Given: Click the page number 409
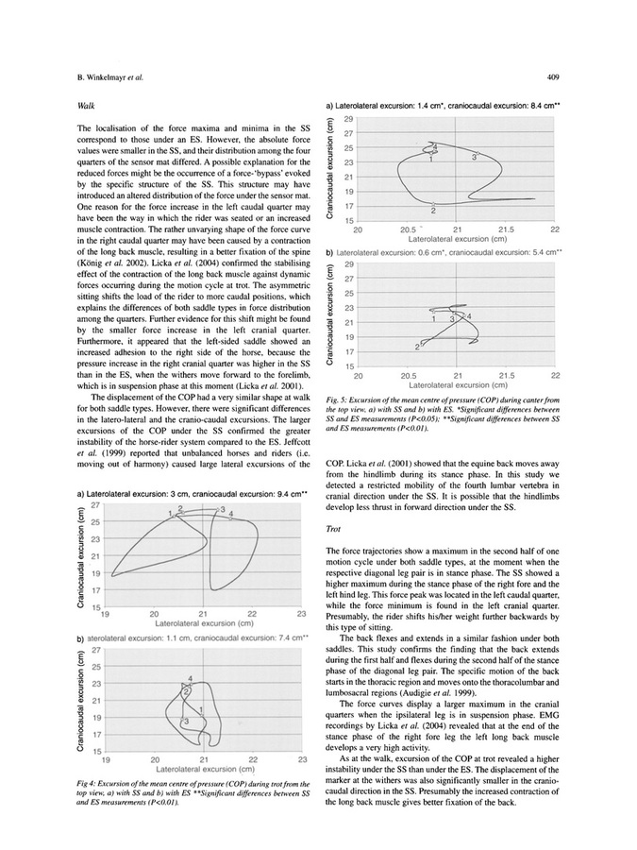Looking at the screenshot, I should pyautogui.click(x=556, y=77).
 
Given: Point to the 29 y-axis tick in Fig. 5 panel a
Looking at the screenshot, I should pyautogui.click(x=348, y=119).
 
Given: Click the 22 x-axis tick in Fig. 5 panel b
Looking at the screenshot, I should pyautogui.click(x=556, y=375).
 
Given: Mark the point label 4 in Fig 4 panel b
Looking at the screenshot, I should pyautogui.click(x=192, y=678).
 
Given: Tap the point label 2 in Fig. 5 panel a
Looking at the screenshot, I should pyautogui.click(x=432, y=210).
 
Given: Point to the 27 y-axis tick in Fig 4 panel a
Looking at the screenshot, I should pyautogui.click(x=95, y=506).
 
